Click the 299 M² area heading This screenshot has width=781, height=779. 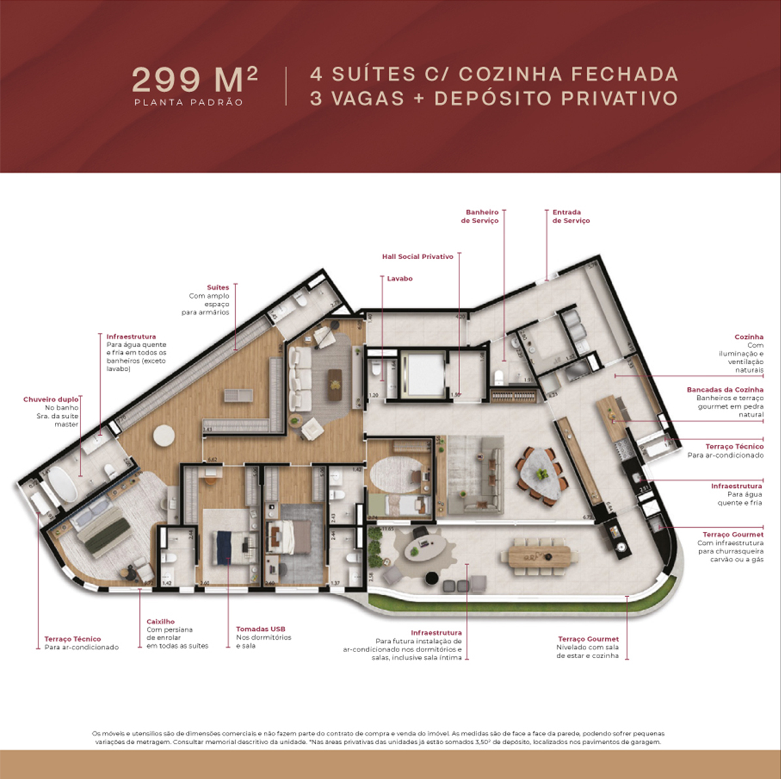[x=194, y=79]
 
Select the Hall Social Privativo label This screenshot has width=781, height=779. [x=417, y=257]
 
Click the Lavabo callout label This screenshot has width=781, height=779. [x=399, y=279]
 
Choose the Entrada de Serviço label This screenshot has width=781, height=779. [x=571, y=216]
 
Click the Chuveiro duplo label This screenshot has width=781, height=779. [x=51, y=399]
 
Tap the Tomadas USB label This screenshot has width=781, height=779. [x=260, y=629]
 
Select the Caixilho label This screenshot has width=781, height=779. [x=160, y=622]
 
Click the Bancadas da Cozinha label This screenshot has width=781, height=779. [x=724, y=390]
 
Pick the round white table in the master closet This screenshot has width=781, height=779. [x=163, y=435]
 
